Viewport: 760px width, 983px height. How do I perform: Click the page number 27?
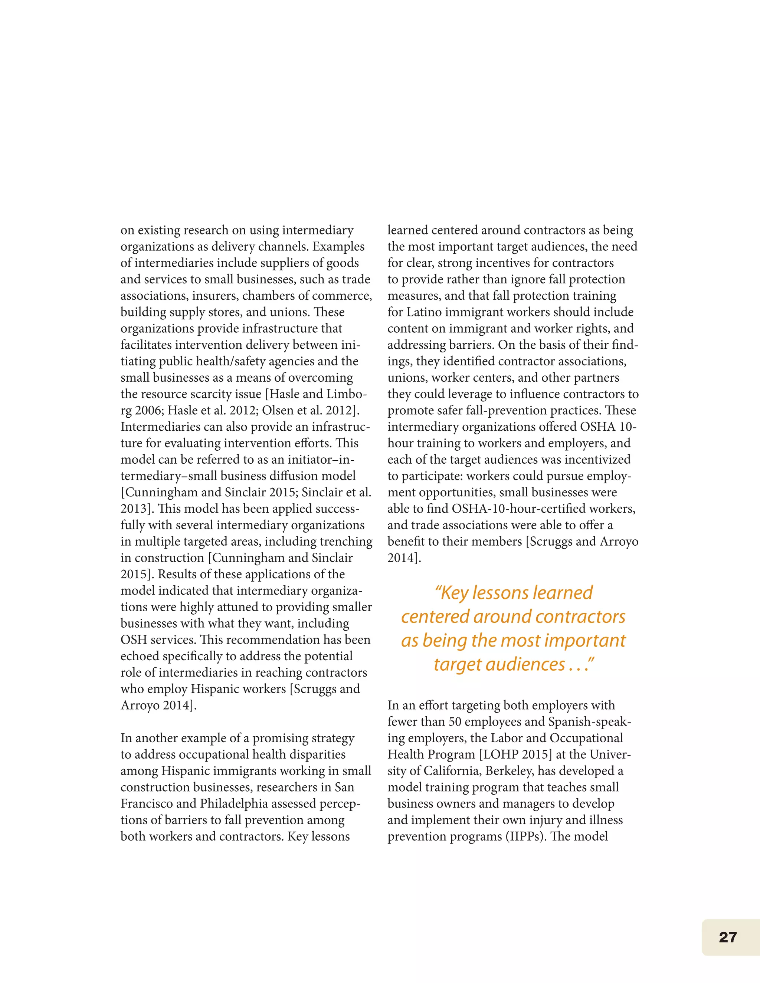(728, 937)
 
